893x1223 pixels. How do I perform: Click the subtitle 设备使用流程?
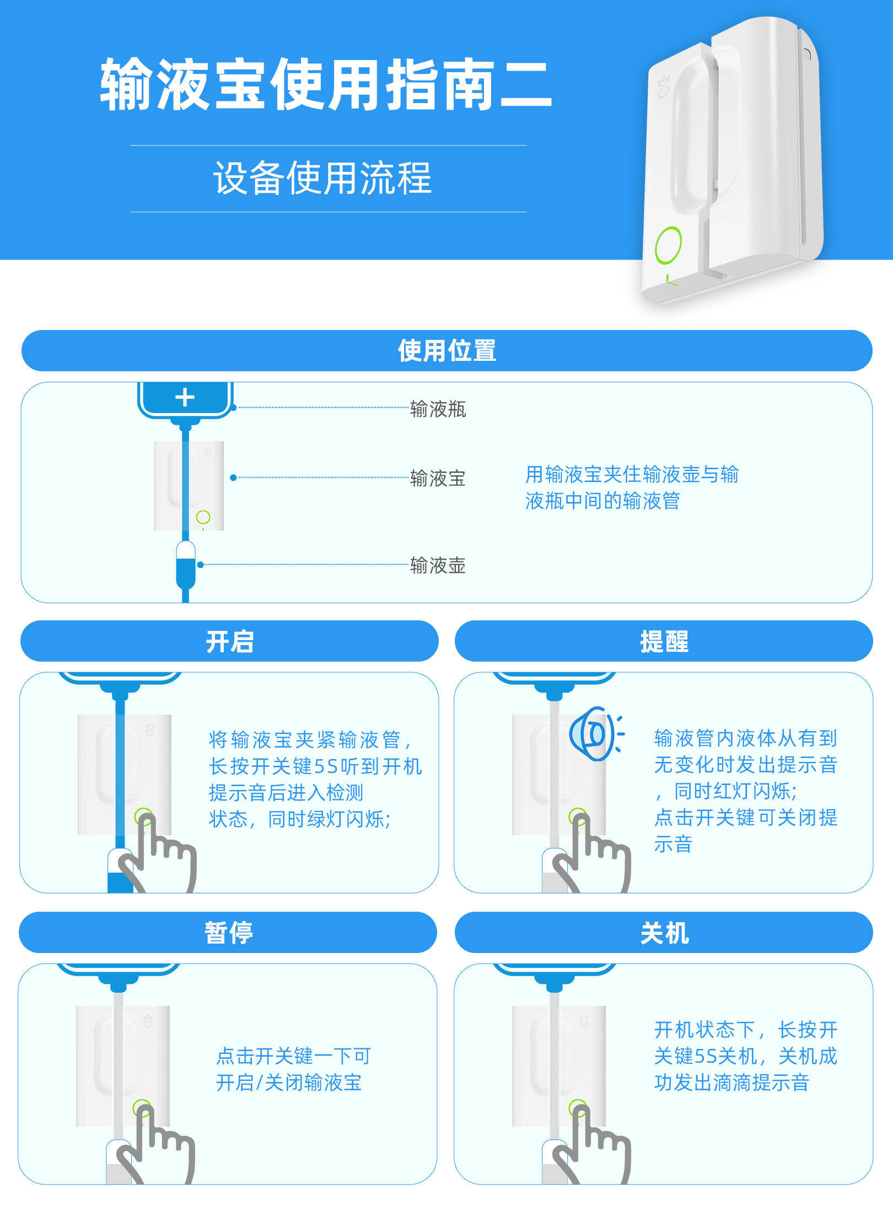(x=322, y=178)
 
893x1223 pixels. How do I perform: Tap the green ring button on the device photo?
(x=668, y=245)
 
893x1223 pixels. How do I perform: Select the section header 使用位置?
(x=446, y=350)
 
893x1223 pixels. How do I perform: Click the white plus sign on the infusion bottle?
(x=185, y=397)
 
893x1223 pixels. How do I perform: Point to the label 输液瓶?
(x=438, y=409)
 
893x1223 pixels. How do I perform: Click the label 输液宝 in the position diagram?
(x=438, y=478)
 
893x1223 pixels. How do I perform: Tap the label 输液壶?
(x=438, y=565)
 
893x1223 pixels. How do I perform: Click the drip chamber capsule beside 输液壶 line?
(x=186, y=565)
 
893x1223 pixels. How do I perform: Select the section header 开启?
(x=229, y=641)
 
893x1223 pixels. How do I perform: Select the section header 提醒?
(x=664, y=641)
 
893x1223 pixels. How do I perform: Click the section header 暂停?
(x=228, y=933)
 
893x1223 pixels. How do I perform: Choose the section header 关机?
(x=664, y=933)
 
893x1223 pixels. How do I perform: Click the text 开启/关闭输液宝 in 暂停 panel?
(x=288, y=1083)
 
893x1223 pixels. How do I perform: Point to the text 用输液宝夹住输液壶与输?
(x=631, y=474)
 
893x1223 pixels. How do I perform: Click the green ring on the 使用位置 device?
(x=203, y=517)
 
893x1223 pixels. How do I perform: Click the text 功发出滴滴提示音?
(x=731, y=1083)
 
